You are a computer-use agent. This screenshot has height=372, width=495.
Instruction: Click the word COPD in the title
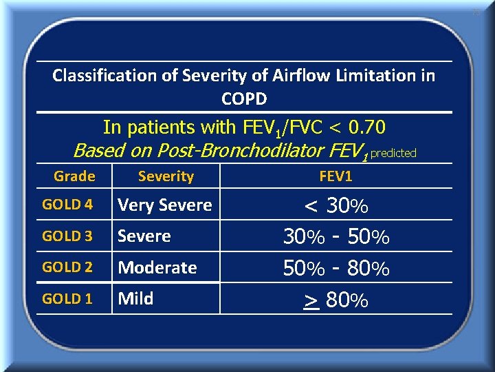coord(244,99)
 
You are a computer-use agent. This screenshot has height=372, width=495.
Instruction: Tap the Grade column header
coord(74,176)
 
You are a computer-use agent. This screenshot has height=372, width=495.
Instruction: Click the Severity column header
coord(166,176)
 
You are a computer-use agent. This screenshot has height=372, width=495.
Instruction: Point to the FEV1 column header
coord(335,176)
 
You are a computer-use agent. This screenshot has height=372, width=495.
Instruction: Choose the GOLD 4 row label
coord(67,205)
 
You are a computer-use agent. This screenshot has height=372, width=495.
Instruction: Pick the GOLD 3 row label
coord(67,236)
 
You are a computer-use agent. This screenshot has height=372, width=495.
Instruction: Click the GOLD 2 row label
coord(67,267)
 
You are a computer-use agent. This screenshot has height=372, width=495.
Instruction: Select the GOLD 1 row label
coord(67,299)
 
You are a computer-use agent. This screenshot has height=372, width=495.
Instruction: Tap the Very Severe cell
coord(165,205)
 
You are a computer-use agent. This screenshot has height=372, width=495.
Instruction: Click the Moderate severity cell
coord(157,267)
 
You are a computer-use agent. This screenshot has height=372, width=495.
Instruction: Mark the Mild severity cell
coord(135,299)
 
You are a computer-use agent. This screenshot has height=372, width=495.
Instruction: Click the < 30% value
coord(336,205)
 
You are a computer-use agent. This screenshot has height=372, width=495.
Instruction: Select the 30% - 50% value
coord(336,237)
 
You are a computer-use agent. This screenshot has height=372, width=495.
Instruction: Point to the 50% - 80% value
coord(336,268)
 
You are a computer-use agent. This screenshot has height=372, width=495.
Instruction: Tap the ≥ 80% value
coord(336,300)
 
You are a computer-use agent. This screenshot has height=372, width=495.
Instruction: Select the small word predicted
coord(393,154)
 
